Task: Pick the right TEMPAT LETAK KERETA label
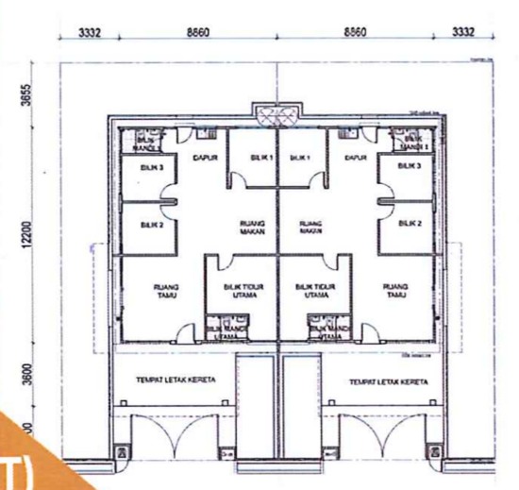pyautogui.click(x=385, y=382)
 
